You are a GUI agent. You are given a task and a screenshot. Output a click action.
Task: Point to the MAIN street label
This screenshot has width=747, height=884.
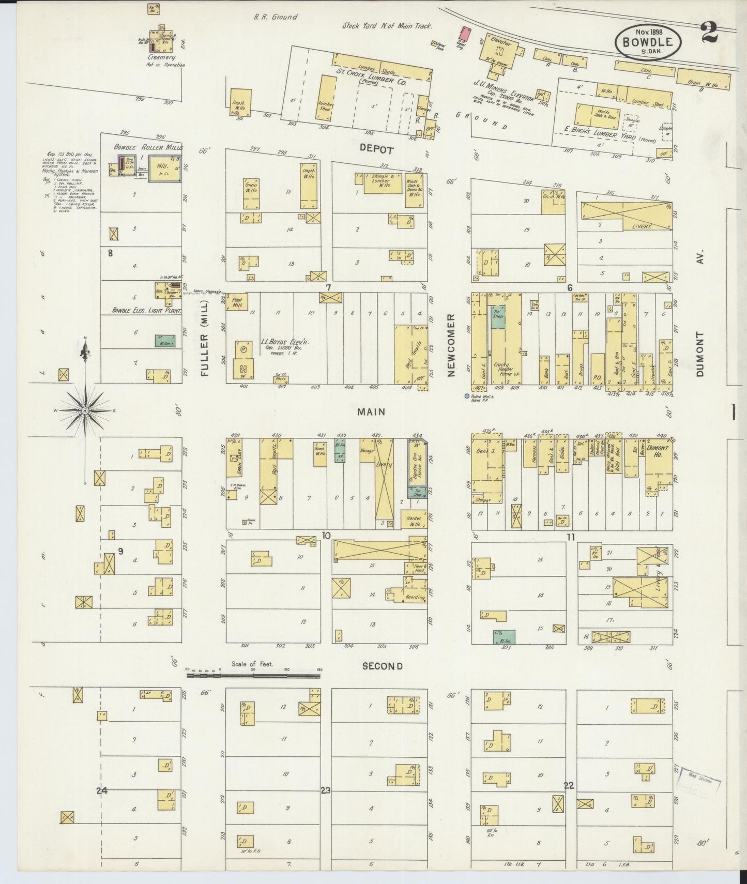coord(371,411)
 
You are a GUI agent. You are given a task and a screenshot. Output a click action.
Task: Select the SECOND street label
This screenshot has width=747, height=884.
coord(382,666)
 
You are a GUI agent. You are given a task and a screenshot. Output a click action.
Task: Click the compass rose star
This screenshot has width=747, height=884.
coord(86,411)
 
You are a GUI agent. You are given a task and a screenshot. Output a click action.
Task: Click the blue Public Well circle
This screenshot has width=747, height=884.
coord(467,396)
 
